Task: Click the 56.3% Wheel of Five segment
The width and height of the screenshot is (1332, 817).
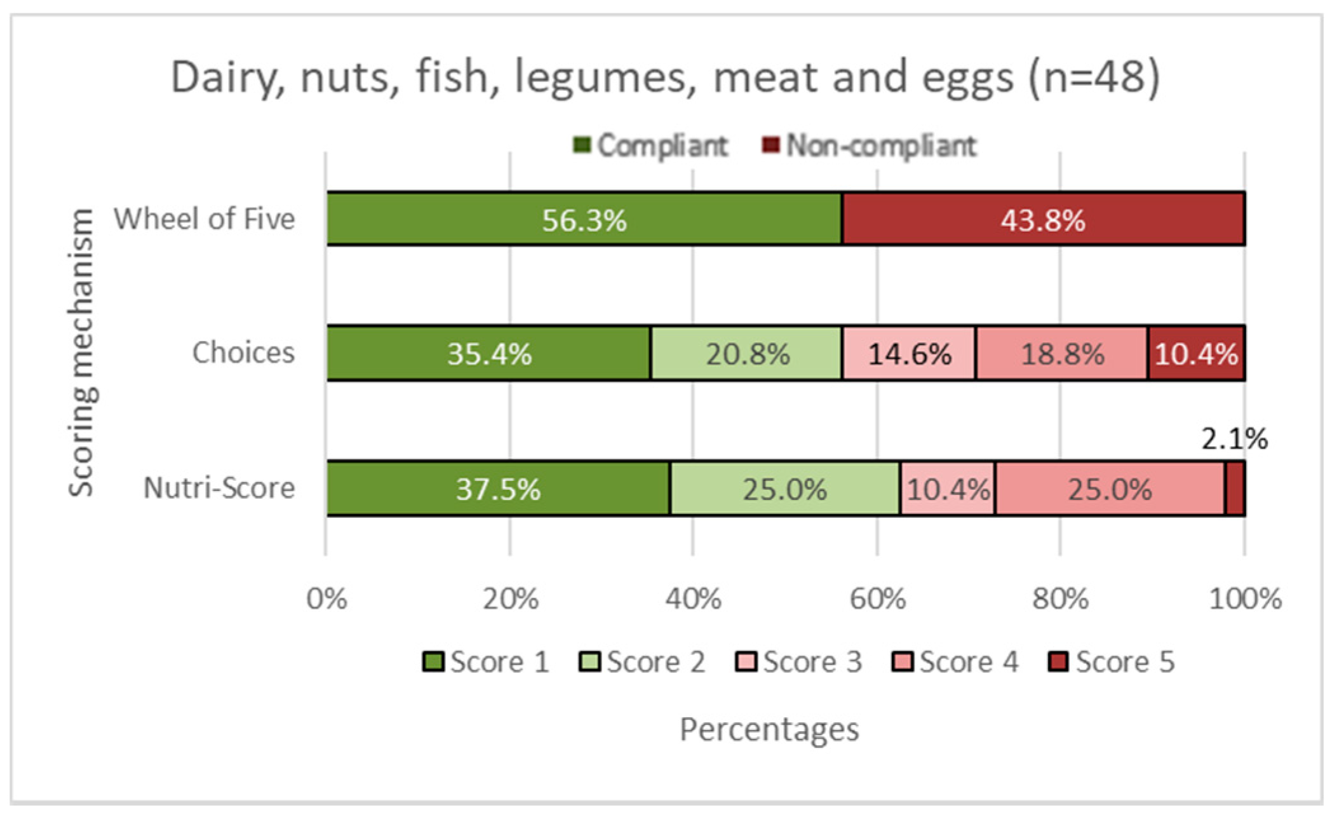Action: pos(584,219)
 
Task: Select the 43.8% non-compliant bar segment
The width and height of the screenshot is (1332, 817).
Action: pos(1042,219)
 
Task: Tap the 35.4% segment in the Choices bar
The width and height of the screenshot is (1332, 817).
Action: pos(488,353)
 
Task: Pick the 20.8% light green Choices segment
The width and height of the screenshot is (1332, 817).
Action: pos(747,353)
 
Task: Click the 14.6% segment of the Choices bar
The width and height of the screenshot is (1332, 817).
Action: pos(909,353)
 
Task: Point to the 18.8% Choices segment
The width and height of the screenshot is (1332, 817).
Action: pos(1061,353)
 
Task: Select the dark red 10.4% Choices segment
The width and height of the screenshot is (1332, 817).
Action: pos(1195,353)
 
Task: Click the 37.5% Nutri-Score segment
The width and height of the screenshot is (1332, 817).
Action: pos(498,489)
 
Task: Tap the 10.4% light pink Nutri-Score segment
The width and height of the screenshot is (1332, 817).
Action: pos(947,489)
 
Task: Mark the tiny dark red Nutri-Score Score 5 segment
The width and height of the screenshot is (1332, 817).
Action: pos(1235,489)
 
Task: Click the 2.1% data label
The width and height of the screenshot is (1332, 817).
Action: pos(1234,439)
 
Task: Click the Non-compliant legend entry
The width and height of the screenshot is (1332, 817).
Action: pos(868,145)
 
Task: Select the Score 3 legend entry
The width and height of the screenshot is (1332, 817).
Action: pos(798,662)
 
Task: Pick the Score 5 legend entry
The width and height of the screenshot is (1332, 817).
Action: pos(1111,662)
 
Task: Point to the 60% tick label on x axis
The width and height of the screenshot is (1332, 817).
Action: pos(877,598)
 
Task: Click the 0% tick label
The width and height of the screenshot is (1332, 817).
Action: pos(326,598)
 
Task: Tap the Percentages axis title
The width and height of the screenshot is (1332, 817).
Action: pos(769,729)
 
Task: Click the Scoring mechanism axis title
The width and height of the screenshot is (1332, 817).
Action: pos(81,353)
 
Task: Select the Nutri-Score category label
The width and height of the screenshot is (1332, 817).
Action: pos(219,488)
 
